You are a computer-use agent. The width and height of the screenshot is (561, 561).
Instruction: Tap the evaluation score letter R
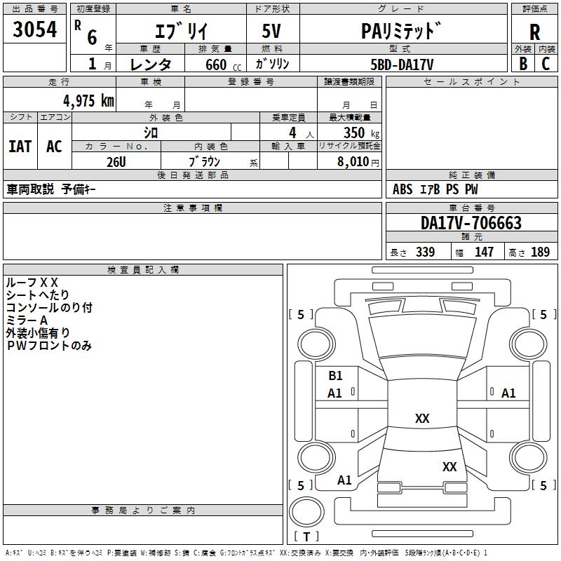click(534, 32)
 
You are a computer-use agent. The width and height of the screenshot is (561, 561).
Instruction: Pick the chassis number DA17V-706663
click(471, 223)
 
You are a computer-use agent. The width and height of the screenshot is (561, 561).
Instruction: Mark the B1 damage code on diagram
click(335, 376)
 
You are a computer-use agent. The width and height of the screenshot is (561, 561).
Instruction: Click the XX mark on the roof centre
click(422, 419)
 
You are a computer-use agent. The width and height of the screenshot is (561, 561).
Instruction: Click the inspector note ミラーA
click(27, 320)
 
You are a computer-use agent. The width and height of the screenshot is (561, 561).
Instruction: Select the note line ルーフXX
click(32, 282)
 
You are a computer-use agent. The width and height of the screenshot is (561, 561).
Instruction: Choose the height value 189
click(541, 252)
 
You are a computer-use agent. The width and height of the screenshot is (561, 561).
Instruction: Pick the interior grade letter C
click(546, 64)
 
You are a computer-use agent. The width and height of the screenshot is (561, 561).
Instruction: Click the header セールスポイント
click(471, 82)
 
